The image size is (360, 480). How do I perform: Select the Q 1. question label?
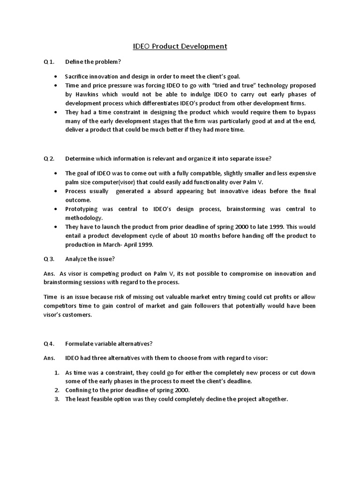click(x=49, y=62)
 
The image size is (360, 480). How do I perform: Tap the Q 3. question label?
click(x=49, y=258)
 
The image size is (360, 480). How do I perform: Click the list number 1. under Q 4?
click(x=56, y=373)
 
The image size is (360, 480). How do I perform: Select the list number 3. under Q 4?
click(x=56, y=399)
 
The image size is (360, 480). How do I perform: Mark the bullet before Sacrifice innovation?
click(x=56, y=76)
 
